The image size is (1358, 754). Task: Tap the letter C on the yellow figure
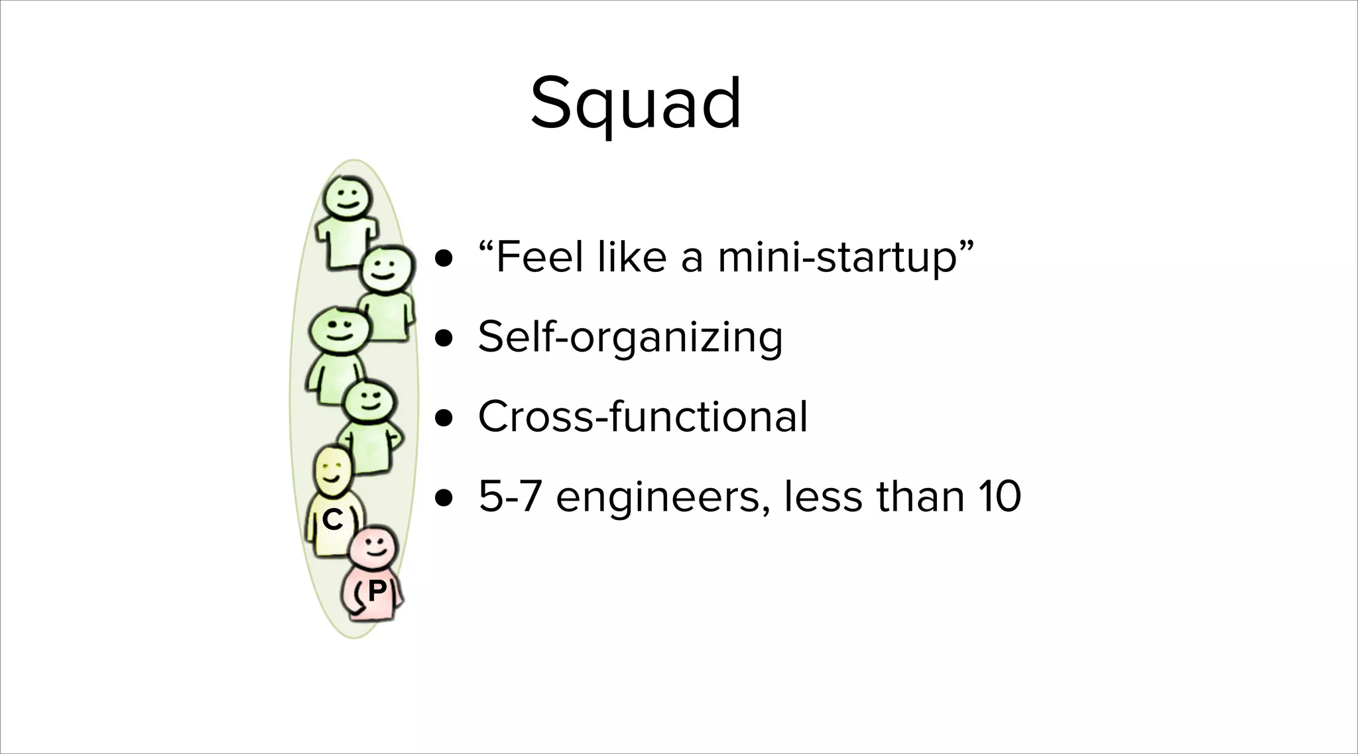(332, 520)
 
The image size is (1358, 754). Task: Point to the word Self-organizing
(630, 337)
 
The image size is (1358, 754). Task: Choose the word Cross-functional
(643, 416)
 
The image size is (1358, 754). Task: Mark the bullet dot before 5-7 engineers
(444, 498)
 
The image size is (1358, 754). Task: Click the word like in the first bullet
(631, 257)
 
